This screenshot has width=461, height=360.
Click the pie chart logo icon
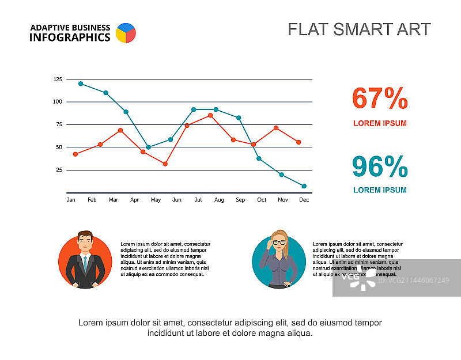(x=126, y=33)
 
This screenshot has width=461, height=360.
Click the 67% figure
(x=380, y=98)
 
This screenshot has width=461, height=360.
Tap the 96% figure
(x=380, y=166)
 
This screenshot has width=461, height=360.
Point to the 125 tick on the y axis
(x=58, y=79)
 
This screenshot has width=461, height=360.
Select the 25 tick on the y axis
(x=59, y=170)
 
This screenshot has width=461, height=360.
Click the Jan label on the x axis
(x=71, y=200)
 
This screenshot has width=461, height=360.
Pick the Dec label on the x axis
(x=304, y=200)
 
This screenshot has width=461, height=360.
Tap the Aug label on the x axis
(x=219, y=200)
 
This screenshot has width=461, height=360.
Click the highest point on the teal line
(x=81, y=84)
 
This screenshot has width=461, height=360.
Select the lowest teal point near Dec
(x=304, y=186)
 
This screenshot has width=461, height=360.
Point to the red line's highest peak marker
(x=210, y=115)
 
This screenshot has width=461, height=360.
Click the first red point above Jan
(x=75, y=154)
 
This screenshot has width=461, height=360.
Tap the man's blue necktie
(x=85, y=264)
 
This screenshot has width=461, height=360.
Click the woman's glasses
(x=279, y=242)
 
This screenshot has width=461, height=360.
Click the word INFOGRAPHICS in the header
(x=70, y=37)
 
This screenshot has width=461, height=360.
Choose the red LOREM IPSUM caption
(x=380, y=123)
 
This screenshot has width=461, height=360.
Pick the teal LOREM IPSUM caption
(x=380, y=190)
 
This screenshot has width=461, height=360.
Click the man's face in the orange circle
(x=85, y=244)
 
